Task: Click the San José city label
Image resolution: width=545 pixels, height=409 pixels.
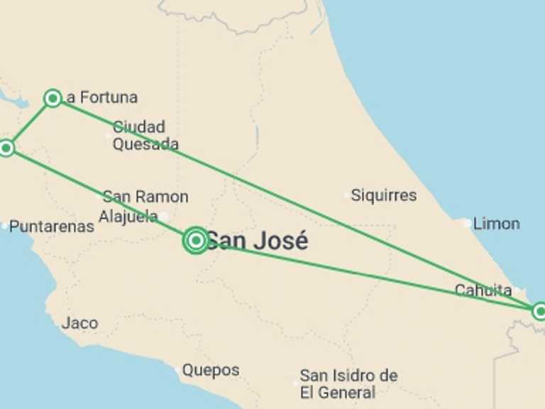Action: tap(257, 241)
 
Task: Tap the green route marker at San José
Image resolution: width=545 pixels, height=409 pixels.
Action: tap(195, 241)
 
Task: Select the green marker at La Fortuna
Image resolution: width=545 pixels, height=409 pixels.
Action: tap(52, 98)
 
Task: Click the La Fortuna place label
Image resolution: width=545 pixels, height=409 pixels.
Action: tap(101, 97)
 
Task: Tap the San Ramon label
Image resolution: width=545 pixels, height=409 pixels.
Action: tap(145, 197)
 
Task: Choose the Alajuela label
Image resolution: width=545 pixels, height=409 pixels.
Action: tap(128, 216)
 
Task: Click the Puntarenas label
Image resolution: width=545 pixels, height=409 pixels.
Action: tap(52, 227)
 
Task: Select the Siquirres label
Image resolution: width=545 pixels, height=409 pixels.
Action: tap(384, 195)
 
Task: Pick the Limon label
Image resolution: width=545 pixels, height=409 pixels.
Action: tap(496, 224)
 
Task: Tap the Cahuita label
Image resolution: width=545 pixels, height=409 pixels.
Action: tap(483, 290)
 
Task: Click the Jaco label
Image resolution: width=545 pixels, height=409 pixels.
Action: tap(79, 323)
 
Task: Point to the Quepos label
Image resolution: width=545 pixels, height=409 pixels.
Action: tap(211, 370)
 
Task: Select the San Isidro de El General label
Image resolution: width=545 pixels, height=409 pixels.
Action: tap(348, 383)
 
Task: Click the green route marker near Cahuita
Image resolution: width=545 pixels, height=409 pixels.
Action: tap(539, 310)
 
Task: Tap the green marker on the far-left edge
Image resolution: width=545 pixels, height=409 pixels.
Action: tap(6, 148)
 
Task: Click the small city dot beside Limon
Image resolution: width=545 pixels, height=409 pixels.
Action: tap(466, 224)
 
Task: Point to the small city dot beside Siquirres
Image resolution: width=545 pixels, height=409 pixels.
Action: tap(346, 195)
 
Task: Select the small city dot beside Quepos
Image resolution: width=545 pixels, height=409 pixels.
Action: tap(177, 370)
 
